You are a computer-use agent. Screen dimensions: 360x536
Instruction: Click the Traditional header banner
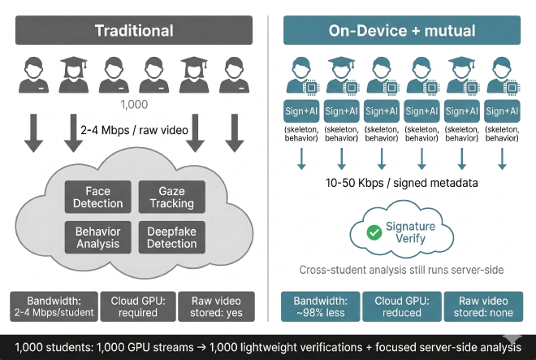pyautogui.click(x=134, y=31)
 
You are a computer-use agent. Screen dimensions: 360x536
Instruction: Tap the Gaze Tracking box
pyautogui.click(x=171, y=197)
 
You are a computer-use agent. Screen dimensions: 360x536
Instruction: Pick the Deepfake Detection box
pyautogui.click(x=171, y=236)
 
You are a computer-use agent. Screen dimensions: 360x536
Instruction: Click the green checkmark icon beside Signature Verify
pyautogui.click(x=374, y=232)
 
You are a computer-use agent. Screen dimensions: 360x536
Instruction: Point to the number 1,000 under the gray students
pyautogui.click(x=134, y=105)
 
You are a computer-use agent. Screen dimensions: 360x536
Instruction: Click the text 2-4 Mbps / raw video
pyautogui.click(x=134, y=131)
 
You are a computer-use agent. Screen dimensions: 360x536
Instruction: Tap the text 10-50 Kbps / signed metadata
pyautogui.click(x=400, y=183)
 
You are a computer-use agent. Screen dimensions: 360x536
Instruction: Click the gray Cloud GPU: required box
pyautogui.click(x=137, y=306)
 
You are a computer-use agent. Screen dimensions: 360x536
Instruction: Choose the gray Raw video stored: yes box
pyautogui.click(x=215, y=306)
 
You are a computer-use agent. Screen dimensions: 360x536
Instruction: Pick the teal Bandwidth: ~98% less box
pyautogui.click(x=321, y=306)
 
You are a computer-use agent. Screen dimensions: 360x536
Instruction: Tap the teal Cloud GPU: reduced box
pyautogui.click(x=401, y=306)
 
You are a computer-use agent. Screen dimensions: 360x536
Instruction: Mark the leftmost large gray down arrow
pyautogui.click(x=33, y=133)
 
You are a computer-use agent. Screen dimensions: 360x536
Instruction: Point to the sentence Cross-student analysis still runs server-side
pyautogui.click(x=400, y=270)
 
